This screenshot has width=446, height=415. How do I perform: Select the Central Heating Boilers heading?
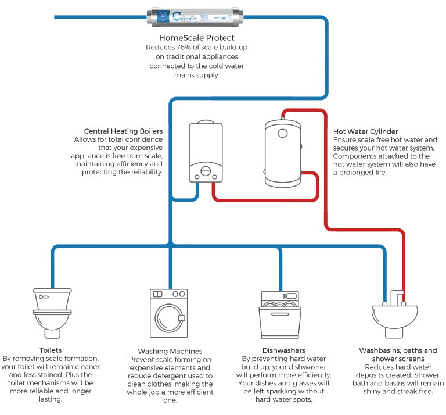pyautogui.click(x=124, y=131)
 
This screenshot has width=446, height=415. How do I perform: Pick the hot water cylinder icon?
pyautogui.click(x=282, y=152)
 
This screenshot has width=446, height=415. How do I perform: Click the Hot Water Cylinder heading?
pyautogui.click(x=366, y=132)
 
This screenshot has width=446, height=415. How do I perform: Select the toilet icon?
pyautogui.click(x=52, y=310)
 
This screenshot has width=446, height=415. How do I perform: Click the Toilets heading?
pyautogui.click(x=51, y=350)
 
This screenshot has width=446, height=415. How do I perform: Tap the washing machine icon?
pyautogui.click(x=168, y=314)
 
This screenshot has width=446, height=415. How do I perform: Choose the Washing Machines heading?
pyautogui.click(x=170, y=351)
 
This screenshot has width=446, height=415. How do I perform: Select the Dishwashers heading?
pyautogui.click(x=279, y=350)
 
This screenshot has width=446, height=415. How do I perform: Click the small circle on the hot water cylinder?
pyautogui.click(x=283, y=133)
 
